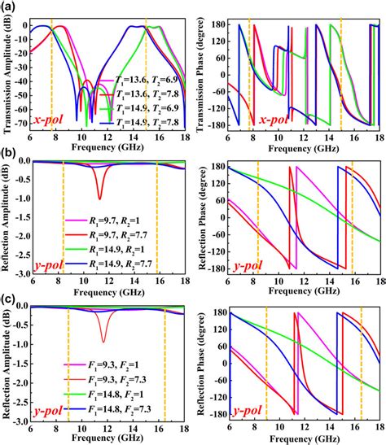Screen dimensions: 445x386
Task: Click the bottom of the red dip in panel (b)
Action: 99,199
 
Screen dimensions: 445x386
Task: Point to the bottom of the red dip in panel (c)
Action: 103,342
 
